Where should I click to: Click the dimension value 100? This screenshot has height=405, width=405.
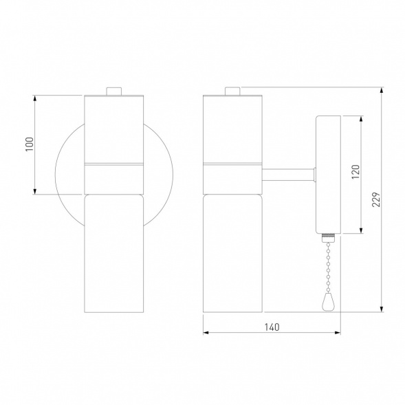pos(30,144)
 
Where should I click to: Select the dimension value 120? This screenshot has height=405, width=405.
pos(355,172)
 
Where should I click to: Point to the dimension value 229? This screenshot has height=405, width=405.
pos(376,199)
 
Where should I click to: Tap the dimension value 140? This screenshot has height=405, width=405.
pos(272,327)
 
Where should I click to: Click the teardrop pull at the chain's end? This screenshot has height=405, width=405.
pos(328,303)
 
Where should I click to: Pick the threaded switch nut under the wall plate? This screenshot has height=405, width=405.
pos(328,237)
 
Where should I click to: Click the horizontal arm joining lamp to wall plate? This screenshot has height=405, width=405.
pos(289,175)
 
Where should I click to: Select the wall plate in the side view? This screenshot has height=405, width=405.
pos(328,175)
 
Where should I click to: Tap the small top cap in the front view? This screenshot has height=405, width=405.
pos(114,91)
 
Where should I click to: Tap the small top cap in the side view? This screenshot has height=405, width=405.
pos(232,91)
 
